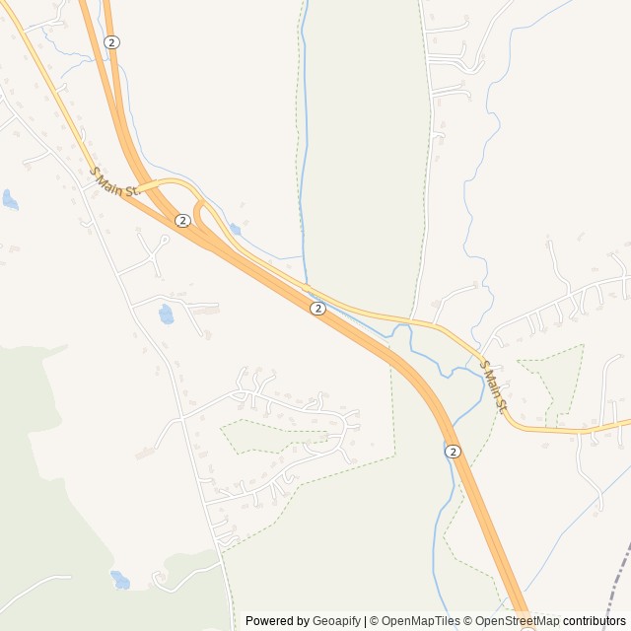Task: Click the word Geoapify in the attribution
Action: tap(336, 621)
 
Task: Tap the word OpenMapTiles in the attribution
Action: tap(421, 621)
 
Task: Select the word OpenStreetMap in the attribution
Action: tap(517, 621)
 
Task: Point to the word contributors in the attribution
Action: tap(594, 621)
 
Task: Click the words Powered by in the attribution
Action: tap(277, 621)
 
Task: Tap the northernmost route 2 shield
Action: tap(112, 42)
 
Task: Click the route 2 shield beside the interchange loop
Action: tap(182, 220)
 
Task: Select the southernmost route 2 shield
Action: tap(452, 451)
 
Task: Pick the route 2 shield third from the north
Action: tap(317, 309)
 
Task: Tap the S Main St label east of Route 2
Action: tap(493, 386)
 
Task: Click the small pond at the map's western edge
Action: tap(10, 200)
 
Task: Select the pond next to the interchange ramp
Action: tap(235, 230)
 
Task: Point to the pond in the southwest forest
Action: tap(119, 580)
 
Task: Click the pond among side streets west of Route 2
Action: tap(166, 315)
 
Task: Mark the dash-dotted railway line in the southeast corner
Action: tap(616, 582)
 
